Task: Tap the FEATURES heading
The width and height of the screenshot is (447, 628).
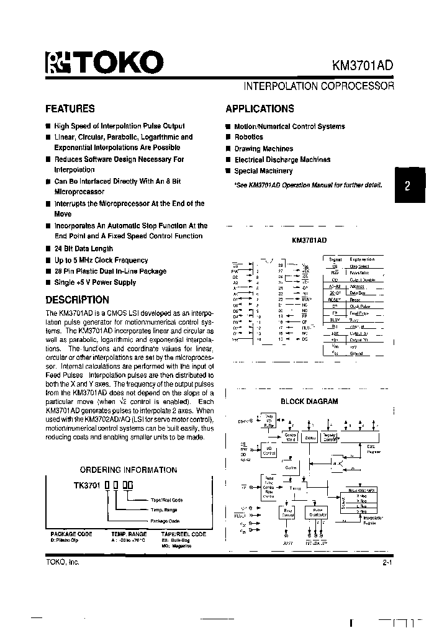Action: pos(70,109)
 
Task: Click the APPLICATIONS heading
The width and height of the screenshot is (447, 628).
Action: pos(260,109)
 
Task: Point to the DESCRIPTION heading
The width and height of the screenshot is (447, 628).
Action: pos(78,300)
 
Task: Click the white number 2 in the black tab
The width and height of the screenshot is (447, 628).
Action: pos(407,186)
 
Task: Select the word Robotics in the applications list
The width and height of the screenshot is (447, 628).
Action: pos(249,137)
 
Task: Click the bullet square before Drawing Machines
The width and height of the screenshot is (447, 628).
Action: pos(228,149)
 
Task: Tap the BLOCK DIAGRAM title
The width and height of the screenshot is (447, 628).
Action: pos(309,401)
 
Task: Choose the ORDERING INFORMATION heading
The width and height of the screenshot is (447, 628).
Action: pos(129,470)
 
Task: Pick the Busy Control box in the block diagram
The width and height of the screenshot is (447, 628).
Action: pos(288,513)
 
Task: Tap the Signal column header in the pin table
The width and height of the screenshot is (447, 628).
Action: pos(335,259)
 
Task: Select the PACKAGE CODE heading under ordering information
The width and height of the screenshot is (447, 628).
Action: pos(71,534)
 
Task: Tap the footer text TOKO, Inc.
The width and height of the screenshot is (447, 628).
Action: pos(63,562)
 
